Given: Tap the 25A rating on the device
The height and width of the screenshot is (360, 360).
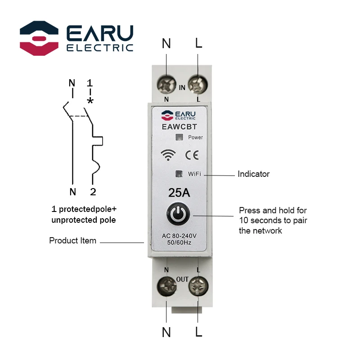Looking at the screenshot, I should [x=179, y=193].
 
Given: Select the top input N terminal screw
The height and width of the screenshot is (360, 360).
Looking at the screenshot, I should [x=166, y=84].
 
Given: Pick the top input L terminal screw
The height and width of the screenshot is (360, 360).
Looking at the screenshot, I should [x=198, y=84].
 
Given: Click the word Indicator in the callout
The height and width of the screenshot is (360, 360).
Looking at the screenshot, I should [x=253, y=174].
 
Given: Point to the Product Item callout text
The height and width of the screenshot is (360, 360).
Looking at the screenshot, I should [x=72, y=241].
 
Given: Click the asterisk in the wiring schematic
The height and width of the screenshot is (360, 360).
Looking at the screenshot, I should [x=90, y=101].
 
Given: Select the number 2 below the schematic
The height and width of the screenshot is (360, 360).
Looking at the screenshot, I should [x=93, y=192].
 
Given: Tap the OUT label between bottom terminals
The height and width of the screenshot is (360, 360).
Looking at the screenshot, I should [x=182, y=279].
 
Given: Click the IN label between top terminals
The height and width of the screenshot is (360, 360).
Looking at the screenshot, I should [x=182, y=88].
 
